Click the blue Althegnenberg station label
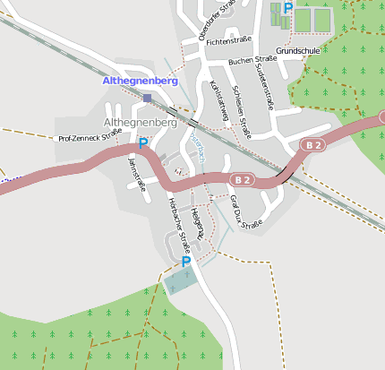point(141,81)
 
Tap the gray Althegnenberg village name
point(141,121)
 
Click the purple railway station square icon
point(147,98)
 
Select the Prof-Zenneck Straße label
point(90,138)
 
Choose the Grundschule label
point(297,51)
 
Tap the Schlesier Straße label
point(241,111)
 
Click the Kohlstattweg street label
point(218,101)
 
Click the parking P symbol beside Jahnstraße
point(142,143)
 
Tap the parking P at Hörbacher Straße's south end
point(186,262)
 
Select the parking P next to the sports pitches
point(287,8)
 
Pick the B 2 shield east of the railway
point(312,144)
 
